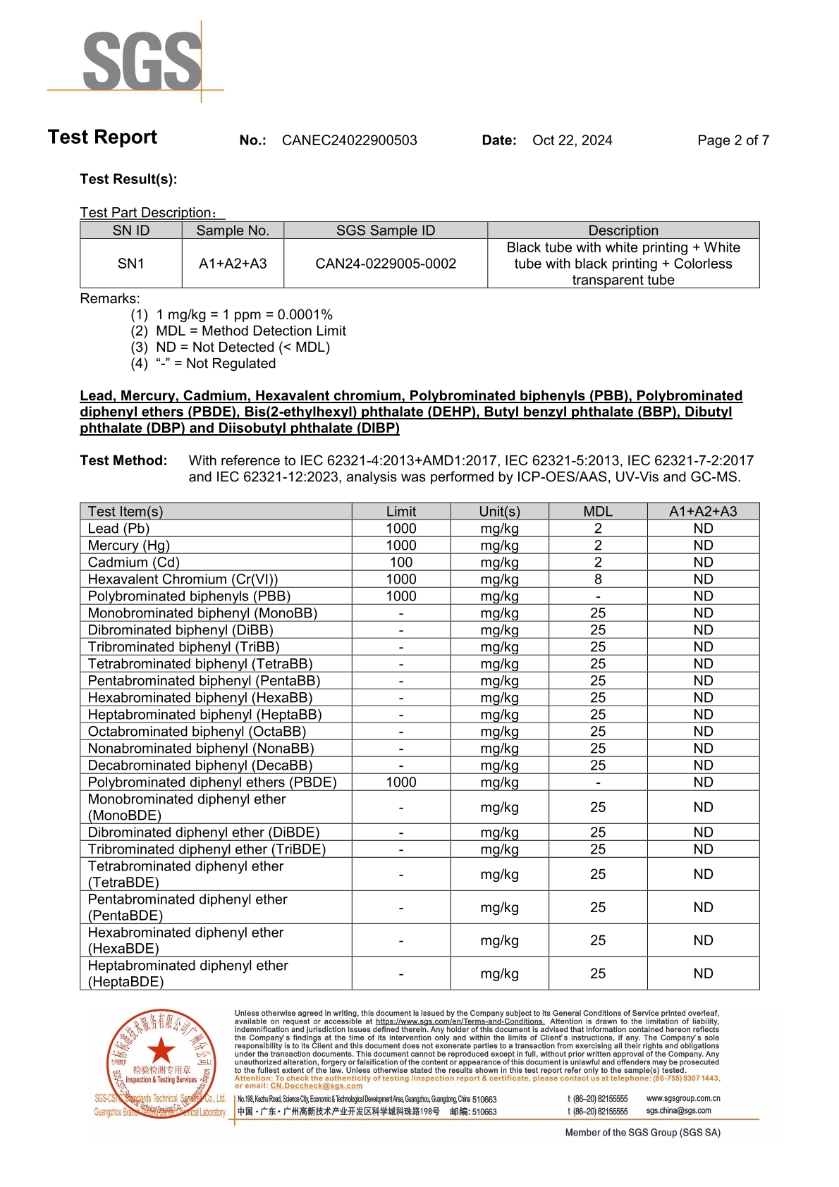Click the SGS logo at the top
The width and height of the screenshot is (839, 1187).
(x=141, y=61)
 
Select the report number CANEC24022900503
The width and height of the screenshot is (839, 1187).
(x=349, y=140)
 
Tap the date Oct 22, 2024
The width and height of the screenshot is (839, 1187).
(x=572, y=140)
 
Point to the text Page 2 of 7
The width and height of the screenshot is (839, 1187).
(x=733, y=140)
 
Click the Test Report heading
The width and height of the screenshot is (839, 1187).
(x=102, y=137)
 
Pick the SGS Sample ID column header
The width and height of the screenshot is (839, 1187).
(x=385, y=230)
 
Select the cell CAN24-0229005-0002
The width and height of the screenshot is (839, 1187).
(x=385, y=264)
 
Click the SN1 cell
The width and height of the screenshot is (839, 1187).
(x=131, y=264)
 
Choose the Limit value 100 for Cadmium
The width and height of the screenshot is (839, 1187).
(x=400, y=562)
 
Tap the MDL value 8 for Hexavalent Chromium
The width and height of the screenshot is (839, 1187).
(x=598, y=579)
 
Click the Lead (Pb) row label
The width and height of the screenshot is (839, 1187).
(x=118, y=529)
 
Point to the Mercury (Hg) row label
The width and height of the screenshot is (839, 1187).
(x=128, y=546)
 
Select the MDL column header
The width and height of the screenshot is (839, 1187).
(x=598, y=512)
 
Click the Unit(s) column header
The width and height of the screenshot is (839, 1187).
(x=499, y=512)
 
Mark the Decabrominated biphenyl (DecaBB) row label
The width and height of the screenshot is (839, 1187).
(x=200, y=765)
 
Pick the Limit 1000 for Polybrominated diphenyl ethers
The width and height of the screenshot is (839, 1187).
(x=400, y=782)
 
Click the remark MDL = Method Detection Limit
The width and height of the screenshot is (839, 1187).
(x=250, y=331)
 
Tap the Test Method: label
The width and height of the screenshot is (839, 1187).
(x=123, y=460)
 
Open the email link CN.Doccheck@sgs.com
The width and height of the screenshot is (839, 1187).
(x=316, y=1085)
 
